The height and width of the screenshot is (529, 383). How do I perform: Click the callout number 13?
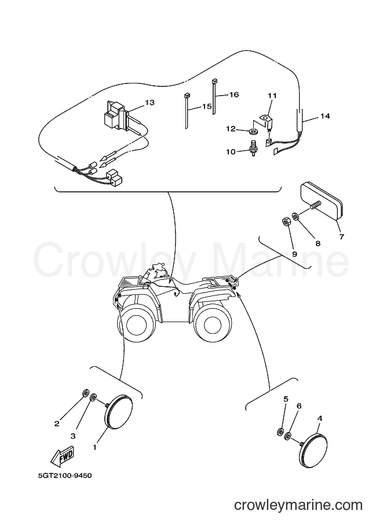point(149,102)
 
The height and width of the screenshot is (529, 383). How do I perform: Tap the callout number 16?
point(234,94)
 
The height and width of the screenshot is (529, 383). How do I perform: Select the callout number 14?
point(325,116)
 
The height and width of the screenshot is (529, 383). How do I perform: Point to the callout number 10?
point(231,152)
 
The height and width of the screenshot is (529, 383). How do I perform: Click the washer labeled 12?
point(253,130)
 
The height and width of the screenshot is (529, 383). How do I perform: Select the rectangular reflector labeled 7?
point(321,200)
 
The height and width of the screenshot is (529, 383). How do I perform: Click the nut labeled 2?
point(86,393)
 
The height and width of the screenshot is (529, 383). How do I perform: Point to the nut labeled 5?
point(280,432)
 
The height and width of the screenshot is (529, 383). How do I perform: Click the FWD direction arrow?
point(62,458)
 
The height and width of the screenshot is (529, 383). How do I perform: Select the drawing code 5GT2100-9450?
point(65,476)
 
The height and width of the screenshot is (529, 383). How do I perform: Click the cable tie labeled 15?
point(187,111)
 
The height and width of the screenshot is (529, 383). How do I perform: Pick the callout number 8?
point(318,243)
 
